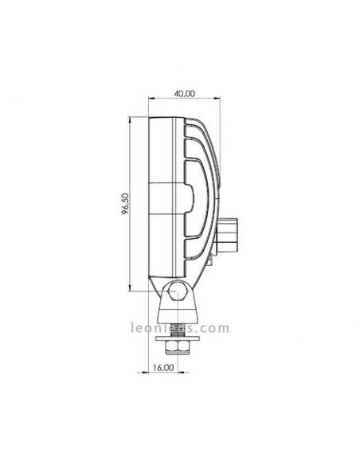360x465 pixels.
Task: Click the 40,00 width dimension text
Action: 184,93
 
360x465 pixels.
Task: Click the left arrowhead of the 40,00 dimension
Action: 150,100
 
